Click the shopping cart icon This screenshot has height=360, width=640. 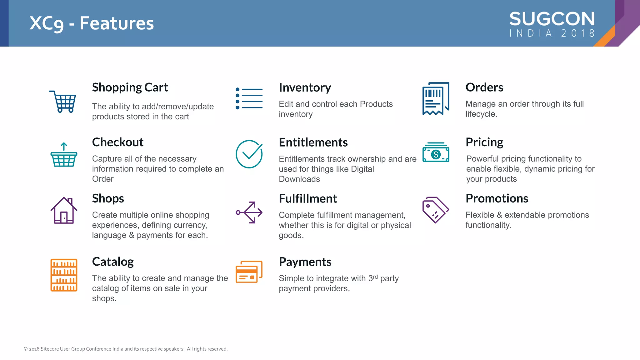tap(63, 101)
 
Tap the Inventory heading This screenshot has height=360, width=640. tap(305, 87)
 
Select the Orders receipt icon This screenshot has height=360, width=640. tap(436, 98)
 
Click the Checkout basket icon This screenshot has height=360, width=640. tap(64, 155)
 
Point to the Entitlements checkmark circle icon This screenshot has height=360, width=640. tap(249, 154)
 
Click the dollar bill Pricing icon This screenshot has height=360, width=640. tap(436, 152)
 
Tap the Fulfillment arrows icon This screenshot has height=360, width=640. tap(249, 212)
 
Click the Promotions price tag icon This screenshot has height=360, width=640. tap(435, 210)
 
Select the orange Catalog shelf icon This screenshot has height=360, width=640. tap(64, 275)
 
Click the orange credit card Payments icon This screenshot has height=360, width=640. tap(249, 272)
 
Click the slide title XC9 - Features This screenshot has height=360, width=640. tap(92, 23)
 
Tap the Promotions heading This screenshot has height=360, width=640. tap(497, 198)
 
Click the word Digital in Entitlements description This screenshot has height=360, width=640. tap(362, 169)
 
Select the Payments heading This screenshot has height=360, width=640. tap(305, 262)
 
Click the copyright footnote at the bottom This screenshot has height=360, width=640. tap(126, 349)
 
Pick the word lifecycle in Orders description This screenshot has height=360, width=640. tap(481, 114)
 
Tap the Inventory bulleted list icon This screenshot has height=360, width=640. tap(249, 98)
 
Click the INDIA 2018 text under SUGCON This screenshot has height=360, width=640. tap(552, 33)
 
